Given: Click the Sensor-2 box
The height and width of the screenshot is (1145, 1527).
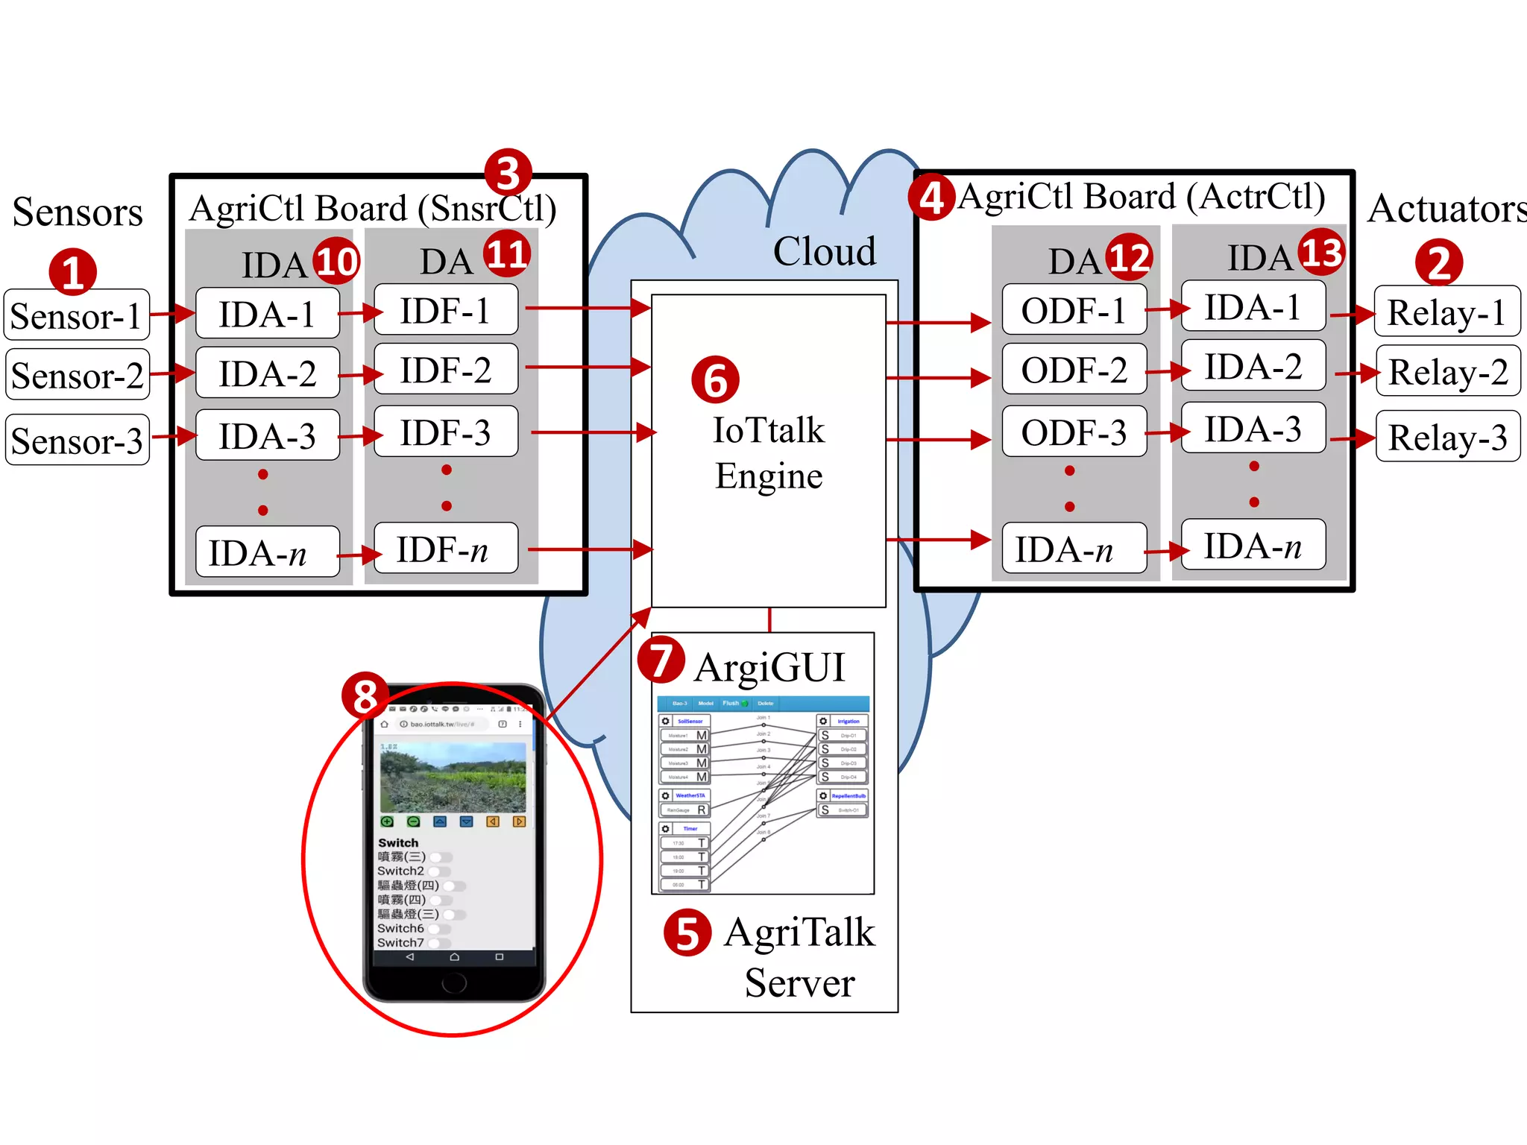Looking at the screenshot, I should (78, 375).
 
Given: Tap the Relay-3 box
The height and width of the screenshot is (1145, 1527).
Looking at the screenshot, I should (1447, 437).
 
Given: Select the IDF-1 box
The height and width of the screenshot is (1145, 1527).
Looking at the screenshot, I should (445, 310).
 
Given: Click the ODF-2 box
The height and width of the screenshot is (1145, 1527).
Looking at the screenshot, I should (1074, 370).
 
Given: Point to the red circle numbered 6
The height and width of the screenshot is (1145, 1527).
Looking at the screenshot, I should (715, 379).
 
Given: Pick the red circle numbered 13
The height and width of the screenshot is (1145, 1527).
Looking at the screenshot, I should (1321, 252).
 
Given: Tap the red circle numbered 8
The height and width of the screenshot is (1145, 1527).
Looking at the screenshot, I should (365, 695).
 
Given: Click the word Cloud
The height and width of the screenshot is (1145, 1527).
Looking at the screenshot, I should (824, 251).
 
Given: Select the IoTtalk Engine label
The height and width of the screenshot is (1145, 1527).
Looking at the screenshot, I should (769, 453).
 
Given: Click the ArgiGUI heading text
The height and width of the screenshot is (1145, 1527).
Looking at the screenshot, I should (769, 667).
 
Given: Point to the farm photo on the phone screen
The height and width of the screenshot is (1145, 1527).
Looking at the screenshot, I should (453, 777).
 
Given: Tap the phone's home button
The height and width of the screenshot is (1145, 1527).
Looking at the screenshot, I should (453, 983).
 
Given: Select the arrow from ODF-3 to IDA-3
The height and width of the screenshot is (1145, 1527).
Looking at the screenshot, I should (1165, 432).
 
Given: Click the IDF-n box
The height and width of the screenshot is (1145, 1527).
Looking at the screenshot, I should (445, 549).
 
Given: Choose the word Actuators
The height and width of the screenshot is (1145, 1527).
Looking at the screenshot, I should (1446, 209).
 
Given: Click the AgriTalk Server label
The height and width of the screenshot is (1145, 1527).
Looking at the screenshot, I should (799, 957).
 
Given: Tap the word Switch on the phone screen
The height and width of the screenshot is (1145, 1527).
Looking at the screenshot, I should (398, 842).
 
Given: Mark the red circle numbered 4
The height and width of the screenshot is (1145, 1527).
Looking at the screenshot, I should (931, 198).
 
